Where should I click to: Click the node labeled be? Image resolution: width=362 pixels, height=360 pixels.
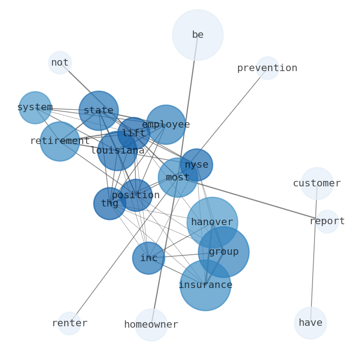click(x=197, y=35)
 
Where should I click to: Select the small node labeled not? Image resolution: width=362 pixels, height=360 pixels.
click(x=60, y=62)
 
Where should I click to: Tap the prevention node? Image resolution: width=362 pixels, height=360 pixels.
click(x=267, y=68)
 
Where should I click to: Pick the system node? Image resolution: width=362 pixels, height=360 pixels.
click(x=35, y=108)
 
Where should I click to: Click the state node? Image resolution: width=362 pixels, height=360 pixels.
click(x=98, y=110)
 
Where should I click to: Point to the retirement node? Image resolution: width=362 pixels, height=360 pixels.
click(x=60, y=141)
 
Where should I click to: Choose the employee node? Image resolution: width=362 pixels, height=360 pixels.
click(x=165, y=124)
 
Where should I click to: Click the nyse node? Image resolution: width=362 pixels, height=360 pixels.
click(x=197, y=165)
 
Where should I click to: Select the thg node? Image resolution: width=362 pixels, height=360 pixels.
click(x=109, y=204)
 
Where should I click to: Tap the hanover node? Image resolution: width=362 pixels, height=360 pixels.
click(x=212, y=222)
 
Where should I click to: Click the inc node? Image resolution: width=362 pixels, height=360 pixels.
click(x=149, y=258)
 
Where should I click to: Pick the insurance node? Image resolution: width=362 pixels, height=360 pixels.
click(x=205, y=285)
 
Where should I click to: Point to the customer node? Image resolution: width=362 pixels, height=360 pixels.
click(x=317, y=183)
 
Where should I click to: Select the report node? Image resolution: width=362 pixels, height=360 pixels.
click(x=327, y=221)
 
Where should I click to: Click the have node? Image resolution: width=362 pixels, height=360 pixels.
click(x=310, y=323)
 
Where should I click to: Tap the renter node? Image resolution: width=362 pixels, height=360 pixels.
click(x=69, y=324)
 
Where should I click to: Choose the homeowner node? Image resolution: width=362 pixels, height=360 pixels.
click(x=151, y=325)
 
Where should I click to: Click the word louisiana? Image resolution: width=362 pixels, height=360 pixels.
click(x=118, y=151)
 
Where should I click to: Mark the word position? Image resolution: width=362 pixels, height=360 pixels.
click(x=136, y=195)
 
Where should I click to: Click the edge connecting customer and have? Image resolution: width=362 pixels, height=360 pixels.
click(x=314, y=253)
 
